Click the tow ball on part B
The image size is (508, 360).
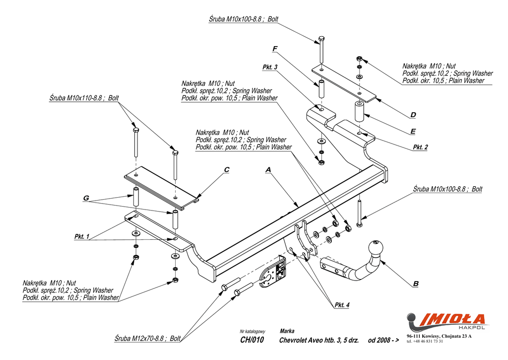tap(376, 249)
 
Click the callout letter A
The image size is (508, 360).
tap(268, 170)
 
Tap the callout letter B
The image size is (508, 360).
tap(416, 284)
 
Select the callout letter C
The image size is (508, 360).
tap(226, 170)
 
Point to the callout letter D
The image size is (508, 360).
tap(413, 115)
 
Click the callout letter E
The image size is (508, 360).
tap(413, 132)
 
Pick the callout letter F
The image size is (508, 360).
tap(275, 49)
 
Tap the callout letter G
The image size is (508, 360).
tap(86, 198)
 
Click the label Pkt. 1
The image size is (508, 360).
tap(82, 236)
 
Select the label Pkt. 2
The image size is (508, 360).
tap(420, 147)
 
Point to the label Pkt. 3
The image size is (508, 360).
tap(270, 67)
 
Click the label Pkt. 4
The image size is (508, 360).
tap(342, 305)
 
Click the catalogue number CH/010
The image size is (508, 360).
tap(252, 340)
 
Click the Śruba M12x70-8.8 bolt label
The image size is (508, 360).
tap(147, 339)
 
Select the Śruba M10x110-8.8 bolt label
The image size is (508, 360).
tap(84, 98)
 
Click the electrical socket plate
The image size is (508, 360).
tap(273, 272)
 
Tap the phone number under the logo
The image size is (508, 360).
tap(425, 341)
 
